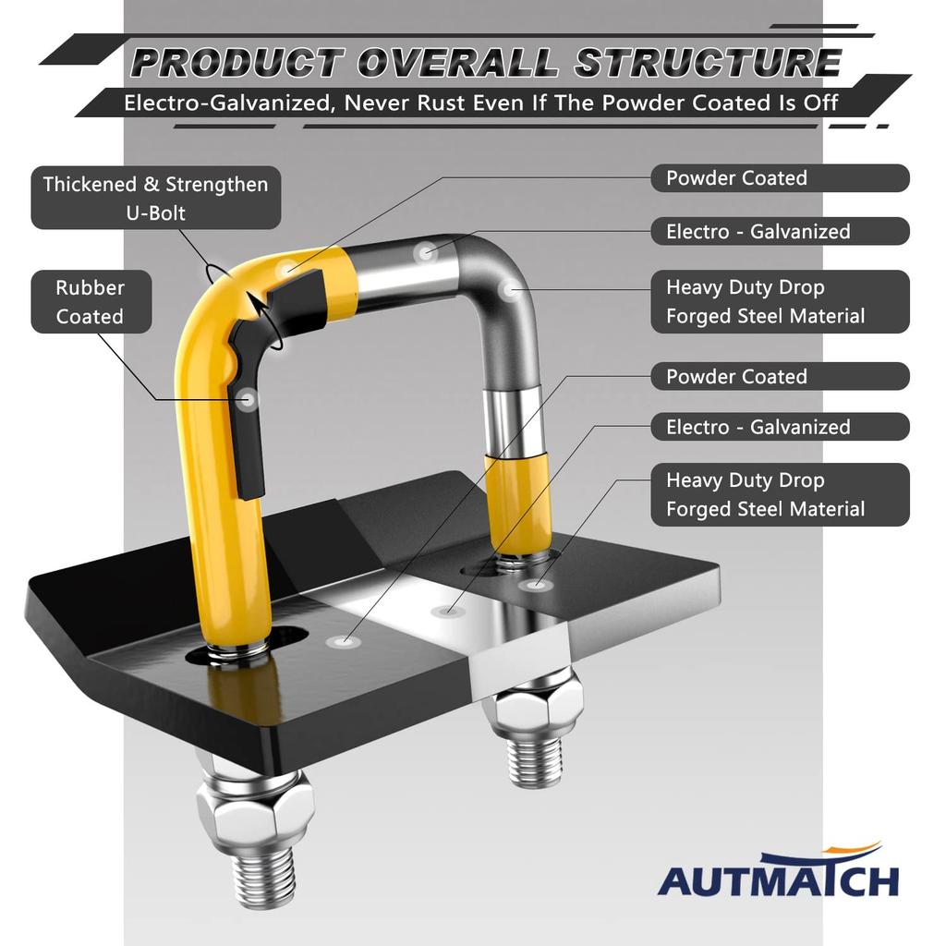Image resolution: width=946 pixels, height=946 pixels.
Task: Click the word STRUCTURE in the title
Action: click(x=708, y=63)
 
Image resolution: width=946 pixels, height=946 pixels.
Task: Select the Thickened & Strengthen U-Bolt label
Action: click(x=155, y=198)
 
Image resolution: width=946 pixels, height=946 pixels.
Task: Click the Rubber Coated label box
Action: click(x=90, y=302)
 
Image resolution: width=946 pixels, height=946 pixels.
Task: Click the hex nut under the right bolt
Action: click(x=535, y=708)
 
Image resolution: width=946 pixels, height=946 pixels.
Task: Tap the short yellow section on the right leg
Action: click(x=518, y=503)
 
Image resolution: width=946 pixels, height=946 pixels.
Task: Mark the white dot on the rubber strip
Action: click(x=247, y=399)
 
